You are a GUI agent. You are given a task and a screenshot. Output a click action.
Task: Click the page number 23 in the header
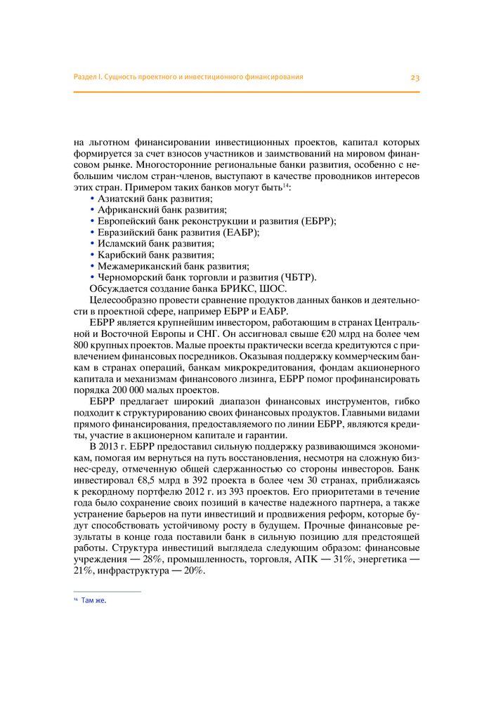415,77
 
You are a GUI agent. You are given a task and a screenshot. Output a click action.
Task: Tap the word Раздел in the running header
85,77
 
